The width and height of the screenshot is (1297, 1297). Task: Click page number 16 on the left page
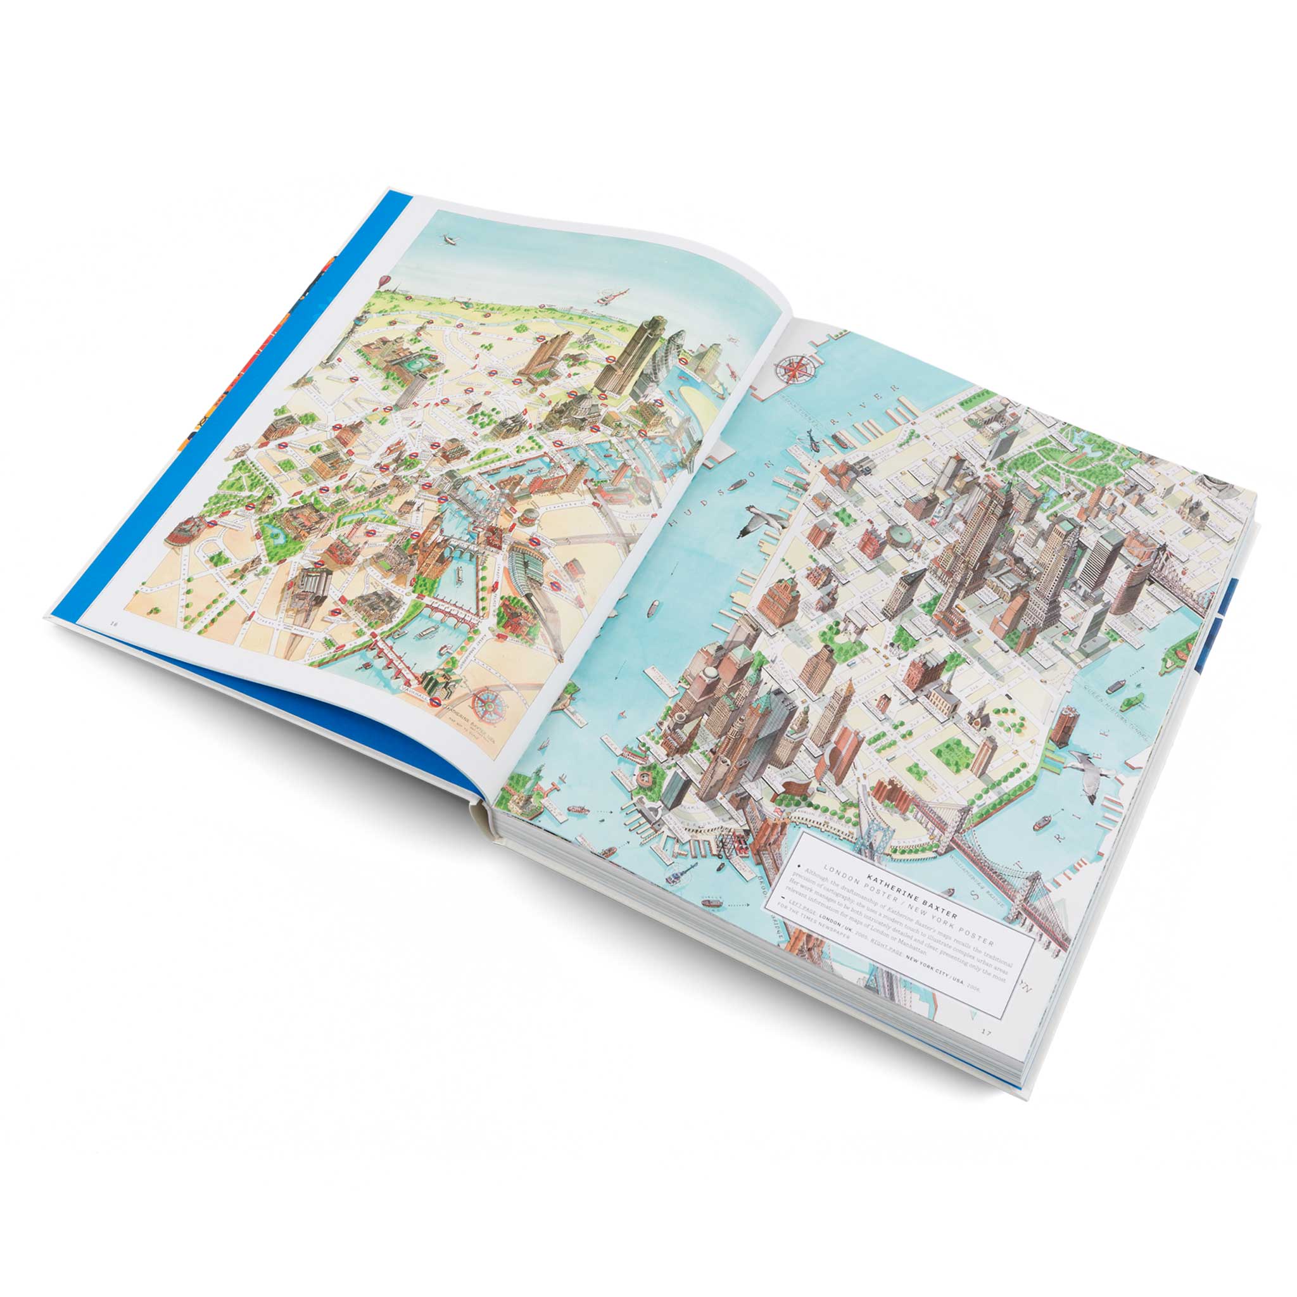pyautogui.click(x=114, y=623)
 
